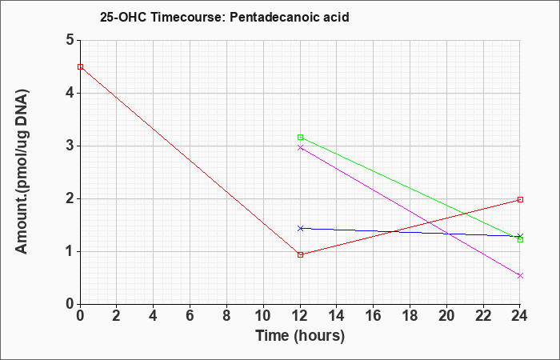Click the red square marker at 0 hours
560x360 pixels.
pyautogui.click(x=80, y=66)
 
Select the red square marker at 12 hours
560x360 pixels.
pyautogui.click(x=300, y=254)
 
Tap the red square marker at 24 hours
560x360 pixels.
pyautogui.click(x=520, y=200)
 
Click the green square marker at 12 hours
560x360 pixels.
pyautogui.click(x=300, y=137)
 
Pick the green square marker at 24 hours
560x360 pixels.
pyautogui.click(x=520, y=240)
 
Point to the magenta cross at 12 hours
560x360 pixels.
pyautogui.click(x=300, y=147)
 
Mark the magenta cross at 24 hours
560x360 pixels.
pyautogui.click(x=520, y=276)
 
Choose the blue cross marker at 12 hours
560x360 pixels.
pyautogui.click(x=300, y=228)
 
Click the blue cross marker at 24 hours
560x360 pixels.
pyautogui.click(x=520, y=236)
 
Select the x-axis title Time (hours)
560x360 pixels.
pyautogui.click(x=300, y=336)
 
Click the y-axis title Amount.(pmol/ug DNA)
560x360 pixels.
pyautogui.click(x=22, y=172)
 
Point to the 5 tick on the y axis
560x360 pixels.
pyautogui.click(x=70, y=40)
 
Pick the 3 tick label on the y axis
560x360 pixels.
pyautogui.click(x=70, y=146)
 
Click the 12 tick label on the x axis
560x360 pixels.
pyautogui.click(x=300, y=316)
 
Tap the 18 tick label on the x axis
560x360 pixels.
pyautogui.click(x=410, y=316)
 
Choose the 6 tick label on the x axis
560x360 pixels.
pyautogui.click(x=190, y=316)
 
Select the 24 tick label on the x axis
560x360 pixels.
pyautogui.click(x=520, y=316)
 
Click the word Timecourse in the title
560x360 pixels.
pyautogui.click(x=188, y=17)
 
